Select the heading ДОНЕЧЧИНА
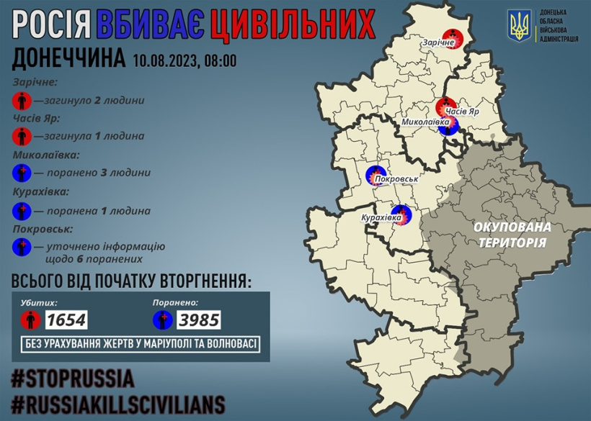click(69, 59)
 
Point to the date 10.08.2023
click(165, 60)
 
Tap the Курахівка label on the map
click(381, 216)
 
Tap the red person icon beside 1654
click(30, 319)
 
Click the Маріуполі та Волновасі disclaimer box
click(141, 343)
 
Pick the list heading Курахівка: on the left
click(42, 192)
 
